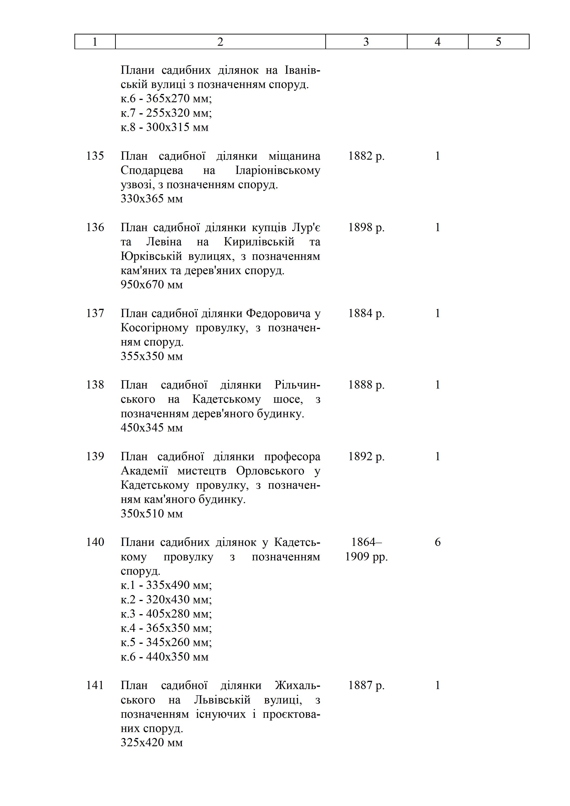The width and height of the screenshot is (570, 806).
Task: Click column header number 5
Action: click(x=498, y=42)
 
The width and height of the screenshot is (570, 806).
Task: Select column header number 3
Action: click(x=366, y=42)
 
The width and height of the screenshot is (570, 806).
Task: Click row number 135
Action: click(x=95, y=156)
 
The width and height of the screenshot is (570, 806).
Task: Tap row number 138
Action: click(x=95, y=385)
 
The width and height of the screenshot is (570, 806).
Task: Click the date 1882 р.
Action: click(x=366, y=156)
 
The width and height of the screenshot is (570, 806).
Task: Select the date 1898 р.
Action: click(x=366, y=227)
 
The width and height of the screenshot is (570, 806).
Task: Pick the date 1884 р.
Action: click(x=366, y=313)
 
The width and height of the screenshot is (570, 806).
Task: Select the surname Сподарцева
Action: click(x=152, y=170)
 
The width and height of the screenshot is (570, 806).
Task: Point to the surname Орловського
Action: click(x=270, y=471)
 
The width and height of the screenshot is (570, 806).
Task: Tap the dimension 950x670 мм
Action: click(x=152, y=284)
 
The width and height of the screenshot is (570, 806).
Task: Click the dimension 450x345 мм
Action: click(x=152, y=428)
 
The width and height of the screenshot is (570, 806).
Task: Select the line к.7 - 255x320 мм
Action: click(x=166, y=113)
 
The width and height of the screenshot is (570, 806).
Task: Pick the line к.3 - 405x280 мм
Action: click(x=166, y=614)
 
